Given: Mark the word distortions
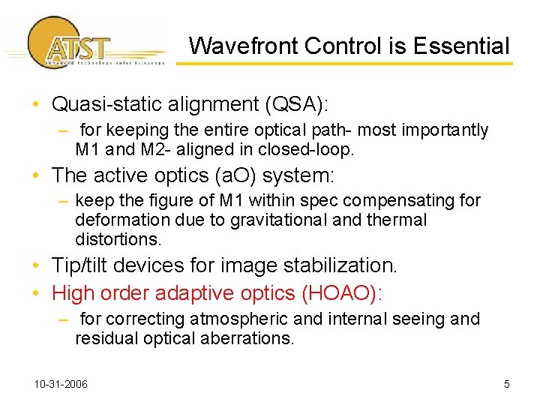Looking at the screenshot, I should tap(118, 239).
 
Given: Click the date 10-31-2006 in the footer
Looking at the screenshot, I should tap(61, 385).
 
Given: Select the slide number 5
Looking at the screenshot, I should tap(507, 385).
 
